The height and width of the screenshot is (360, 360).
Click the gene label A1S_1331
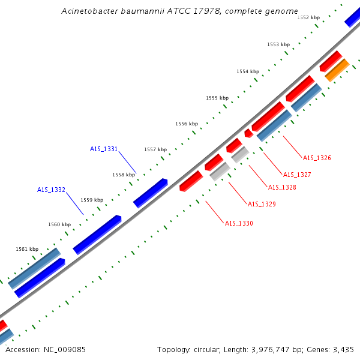[104, 149]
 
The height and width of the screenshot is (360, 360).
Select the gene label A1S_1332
[51, 190]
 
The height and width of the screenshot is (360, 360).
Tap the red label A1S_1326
[317, 158]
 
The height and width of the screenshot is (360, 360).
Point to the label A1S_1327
[297, 175]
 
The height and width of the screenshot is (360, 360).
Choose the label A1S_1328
[282, 187]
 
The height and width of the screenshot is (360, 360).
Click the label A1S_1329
[262, 204]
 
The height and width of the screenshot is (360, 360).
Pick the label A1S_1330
[239, 223]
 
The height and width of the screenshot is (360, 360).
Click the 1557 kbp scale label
[155, 149]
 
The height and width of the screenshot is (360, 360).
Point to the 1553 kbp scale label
[278, 44]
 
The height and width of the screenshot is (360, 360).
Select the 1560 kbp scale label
[59, 224]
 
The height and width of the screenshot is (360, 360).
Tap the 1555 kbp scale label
[217, 98]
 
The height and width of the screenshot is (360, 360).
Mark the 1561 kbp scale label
[27, 249]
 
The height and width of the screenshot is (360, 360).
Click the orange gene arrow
[337, 70]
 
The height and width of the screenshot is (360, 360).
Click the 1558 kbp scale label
[124, 175]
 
